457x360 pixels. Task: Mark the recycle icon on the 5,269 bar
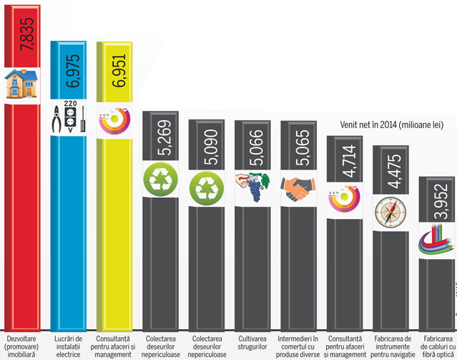point(160,179)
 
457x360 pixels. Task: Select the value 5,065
point(302,147)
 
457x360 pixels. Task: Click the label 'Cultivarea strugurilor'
point(255,341)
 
